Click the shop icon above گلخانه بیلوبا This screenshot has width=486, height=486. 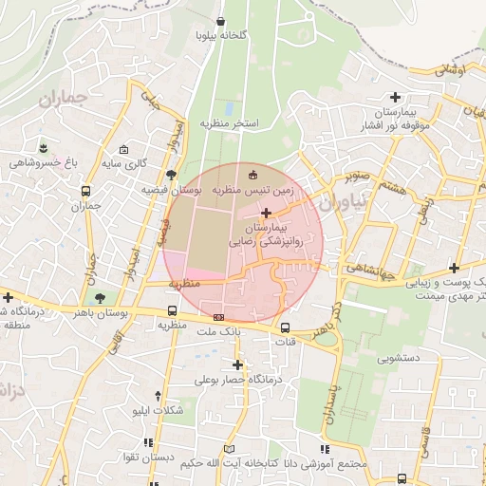[220, 21]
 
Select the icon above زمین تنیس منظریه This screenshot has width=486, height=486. [252, 175]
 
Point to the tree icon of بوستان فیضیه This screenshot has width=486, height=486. [171, 175]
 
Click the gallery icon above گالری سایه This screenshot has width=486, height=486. [124, 149]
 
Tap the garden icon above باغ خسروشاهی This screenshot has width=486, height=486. [44, 147]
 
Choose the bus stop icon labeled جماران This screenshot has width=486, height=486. [86, 191]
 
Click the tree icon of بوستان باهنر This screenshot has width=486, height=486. [101, 299]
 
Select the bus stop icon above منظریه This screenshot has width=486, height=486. [172, 310]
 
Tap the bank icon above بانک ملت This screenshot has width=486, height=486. [219, 317]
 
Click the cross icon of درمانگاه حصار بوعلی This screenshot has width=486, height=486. [237, 364]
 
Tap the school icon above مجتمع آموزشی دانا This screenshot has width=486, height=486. [324, 448]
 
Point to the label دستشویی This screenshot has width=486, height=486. [400, 359]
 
